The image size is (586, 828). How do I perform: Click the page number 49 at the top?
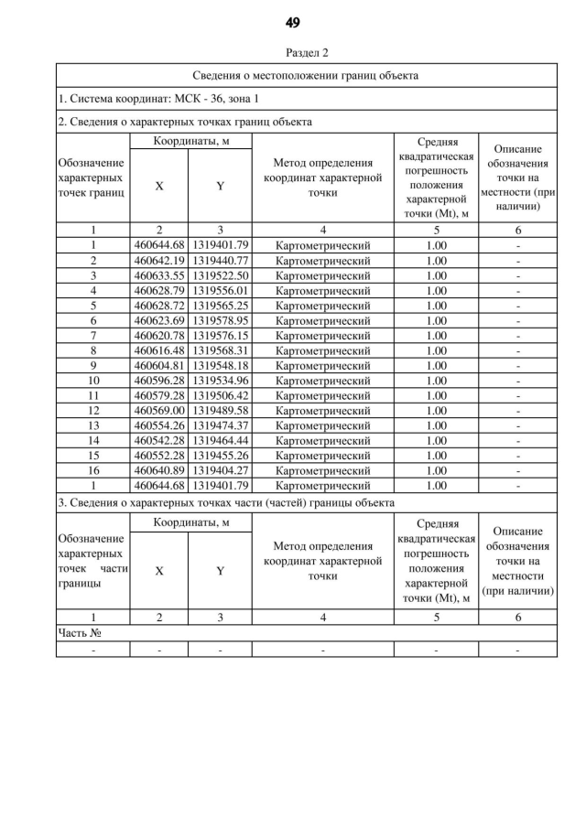point(293,22)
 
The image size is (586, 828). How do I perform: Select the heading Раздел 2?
point(293,53)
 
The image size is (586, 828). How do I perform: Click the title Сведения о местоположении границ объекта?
point(307,75)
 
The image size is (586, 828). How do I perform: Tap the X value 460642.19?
point(159,260)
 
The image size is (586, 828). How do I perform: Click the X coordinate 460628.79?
point(159,290)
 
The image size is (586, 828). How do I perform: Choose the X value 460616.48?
point(159,350)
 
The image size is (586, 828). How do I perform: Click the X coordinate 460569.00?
point(159,411)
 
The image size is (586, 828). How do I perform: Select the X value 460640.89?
point(159,470)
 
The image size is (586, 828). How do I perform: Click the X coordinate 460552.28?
point(159,456)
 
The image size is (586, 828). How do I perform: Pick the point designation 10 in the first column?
point(93,381)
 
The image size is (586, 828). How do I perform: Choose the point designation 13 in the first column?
point(93,425)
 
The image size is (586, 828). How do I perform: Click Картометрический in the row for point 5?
point(323,305)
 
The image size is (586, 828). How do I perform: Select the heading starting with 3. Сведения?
point(226,503)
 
